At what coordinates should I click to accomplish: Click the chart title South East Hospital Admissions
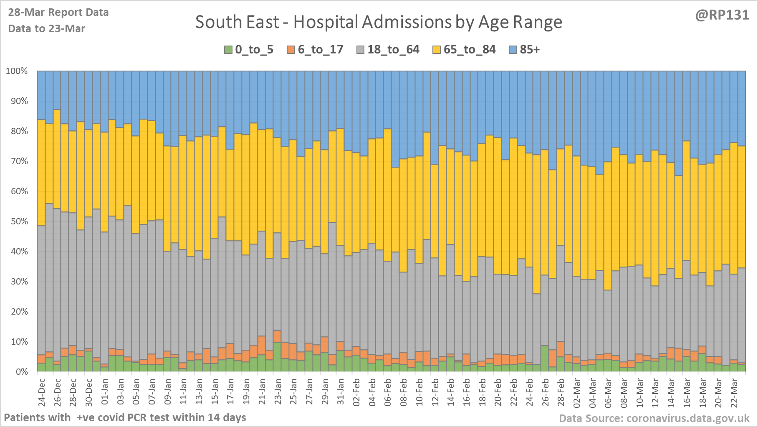[379, 22]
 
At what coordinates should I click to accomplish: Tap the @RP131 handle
[722, 15]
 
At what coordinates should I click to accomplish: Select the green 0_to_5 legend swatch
[228, 50]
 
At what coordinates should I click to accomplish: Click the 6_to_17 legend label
[320, 50]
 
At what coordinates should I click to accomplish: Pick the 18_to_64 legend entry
[393, 50]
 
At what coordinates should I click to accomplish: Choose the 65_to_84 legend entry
[469, 50]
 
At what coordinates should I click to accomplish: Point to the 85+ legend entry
[529, 50]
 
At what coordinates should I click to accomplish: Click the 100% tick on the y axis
[17, 71]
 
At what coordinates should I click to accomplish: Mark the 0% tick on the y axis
[21, 372]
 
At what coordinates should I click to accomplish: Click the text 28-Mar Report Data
[58, 13]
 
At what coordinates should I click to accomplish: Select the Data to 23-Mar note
[47, 29]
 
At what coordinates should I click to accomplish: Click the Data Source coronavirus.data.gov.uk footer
[654, 418]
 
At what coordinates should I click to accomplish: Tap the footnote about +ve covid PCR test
[125, 417]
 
